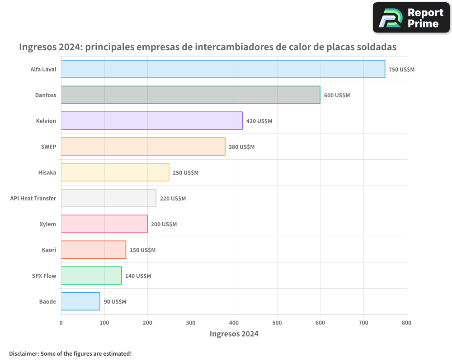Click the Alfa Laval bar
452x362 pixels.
point(223,69)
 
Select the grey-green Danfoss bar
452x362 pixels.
point(190,95)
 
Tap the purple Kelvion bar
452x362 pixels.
point(151,121)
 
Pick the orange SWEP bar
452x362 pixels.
point(143,147)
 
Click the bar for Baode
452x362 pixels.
point(80,301)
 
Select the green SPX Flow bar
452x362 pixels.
point(91,276)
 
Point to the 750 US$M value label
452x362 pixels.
point(401,70)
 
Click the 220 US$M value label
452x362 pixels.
point(173,199)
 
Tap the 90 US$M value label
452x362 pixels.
point(115,302)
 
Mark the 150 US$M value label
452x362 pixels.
point(142,250)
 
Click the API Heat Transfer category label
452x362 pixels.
point(33,198)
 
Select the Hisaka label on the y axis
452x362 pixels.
point(47,172)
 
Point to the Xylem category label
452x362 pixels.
point(48,224)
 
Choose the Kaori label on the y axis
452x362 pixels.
point(49,250)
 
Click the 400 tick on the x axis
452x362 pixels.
point(234,323)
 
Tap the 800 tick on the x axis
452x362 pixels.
point(406,323)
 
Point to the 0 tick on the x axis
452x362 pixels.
point(61,323)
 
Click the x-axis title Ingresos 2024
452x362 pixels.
point(234,334)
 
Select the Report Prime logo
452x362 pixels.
point(411,18)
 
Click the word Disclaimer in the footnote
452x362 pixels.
point(24,353)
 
